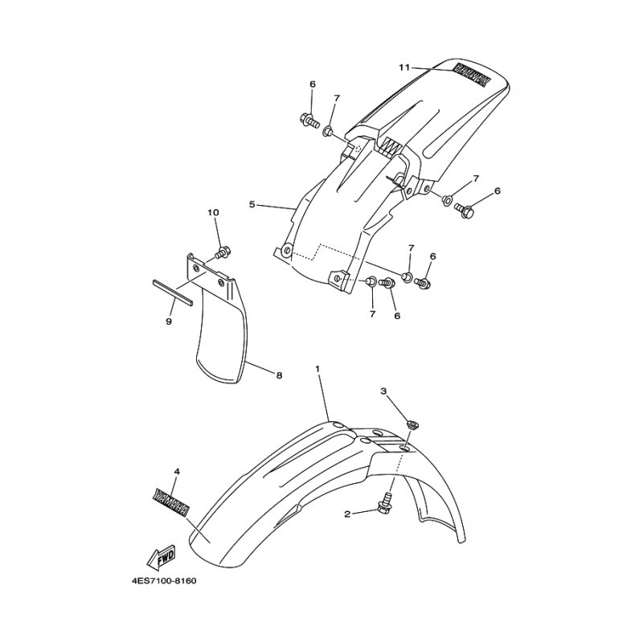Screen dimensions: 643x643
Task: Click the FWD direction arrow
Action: coord(162,556)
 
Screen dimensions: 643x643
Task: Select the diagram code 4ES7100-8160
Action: coord(164,581)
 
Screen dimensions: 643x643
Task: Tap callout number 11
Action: coord(404,68)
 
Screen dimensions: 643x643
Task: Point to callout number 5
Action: coord(252,204)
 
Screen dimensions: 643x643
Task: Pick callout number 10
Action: coord(213,212)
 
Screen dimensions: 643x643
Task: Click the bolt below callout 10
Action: coord(223,252)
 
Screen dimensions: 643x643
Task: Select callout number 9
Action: coord(169,322)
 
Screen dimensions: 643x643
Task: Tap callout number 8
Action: coord(279,375)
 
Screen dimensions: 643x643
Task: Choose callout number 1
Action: coord(317,369)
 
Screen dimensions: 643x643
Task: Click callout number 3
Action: coord(383,391)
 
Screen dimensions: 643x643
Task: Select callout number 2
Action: coord(347,514)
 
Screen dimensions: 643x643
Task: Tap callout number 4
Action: coord(177,472)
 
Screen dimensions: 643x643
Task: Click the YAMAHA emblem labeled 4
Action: coord(170,501)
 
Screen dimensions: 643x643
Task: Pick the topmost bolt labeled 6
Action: coord(308,121)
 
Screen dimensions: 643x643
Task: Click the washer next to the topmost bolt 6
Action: coord(328,132)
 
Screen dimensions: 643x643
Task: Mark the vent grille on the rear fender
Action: coord(391,145)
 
